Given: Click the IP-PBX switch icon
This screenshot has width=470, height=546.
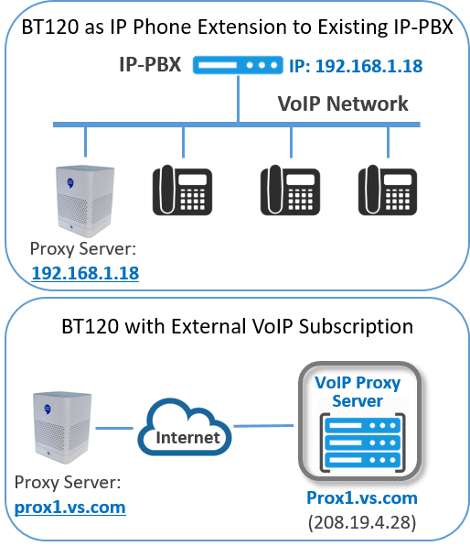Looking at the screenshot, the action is tap(238, 65).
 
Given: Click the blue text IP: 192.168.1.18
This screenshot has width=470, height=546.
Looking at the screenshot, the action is tap(356, 66).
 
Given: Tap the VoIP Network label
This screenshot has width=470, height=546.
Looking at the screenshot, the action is tap(343, 104).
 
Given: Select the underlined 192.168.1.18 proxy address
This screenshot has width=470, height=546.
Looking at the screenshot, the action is tap(85, 273).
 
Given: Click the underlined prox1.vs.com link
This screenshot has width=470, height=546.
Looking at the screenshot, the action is tap(69, 508).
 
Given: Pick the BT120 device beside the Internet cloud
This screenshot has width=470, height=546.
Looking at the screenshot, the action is tap(62, 428).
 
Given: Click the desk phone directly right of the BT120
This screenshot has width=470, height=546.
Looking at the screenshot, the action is tap(183, 190).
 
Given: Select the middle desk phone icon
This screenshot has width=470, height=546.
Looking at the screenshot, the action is tap(290, 190).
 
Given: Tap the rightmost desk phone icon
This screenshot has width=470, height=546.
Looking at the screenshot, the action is tap(388, 190).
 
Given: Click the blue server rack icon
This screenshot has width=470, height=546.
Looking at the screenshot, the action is tap(362, 442).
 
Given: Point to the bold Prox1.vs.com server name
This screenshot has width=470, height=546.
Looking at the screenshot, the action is tap(362, 498).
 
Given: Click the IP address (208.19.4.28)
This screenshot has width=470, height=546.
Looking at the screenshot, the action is tap(362, 522).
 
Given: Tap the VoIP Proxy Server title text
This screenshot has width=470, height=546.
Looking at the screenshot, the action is tap(358, 392).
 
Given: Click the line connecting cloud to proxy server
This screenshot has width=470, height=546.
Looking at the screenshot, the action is tap(263, 425).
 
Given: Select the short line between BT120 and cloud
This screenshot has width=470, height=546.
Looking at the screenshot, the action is tap(114, 428).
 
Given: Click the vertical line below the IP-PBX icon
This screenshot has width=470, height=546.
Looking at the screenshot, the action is tap(238, 99).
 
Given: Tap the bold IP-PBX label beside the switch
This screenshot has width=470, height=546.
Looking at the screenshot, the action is tap(150, 64).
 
